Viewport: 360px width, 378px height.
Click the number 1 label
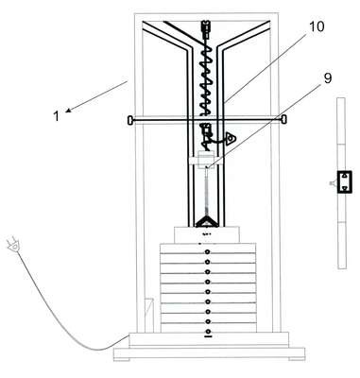point(56,116)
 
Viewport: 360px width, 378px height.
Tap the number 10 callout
point(317,26)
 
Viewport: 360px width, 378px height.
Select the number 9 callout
point(328,78)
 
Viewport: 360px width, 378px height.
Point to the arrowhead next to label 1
point(69,110)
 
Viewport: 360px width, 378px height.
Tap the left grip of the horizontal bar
point(130,120)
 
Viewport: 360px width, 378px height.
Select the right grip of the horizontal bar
point(283,120)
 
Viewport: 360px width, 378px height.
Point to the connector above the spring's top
point(206,28)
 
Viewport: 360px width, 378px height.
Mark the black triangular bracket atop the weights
point(207,222)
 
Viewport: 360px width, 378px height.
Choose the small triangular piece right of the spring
point(231,138)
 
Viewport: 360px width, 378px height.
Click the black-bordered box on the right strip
point(344,181)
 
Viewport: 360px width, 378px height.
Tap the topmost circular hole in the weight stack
point(207,252)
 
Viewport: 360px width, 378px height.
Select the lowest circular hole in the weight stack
point(207,331)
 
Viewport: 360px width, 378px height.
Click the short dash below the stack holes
point(208,336)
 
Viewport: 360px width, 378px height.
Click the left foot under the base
point(122,359)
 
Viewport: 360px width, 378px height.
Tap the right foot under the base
point(297,359)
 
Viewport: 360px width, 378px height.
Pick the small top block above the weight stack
point(207,234)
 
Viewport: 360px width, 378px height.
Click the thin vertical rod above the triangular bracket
point(207,192)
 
